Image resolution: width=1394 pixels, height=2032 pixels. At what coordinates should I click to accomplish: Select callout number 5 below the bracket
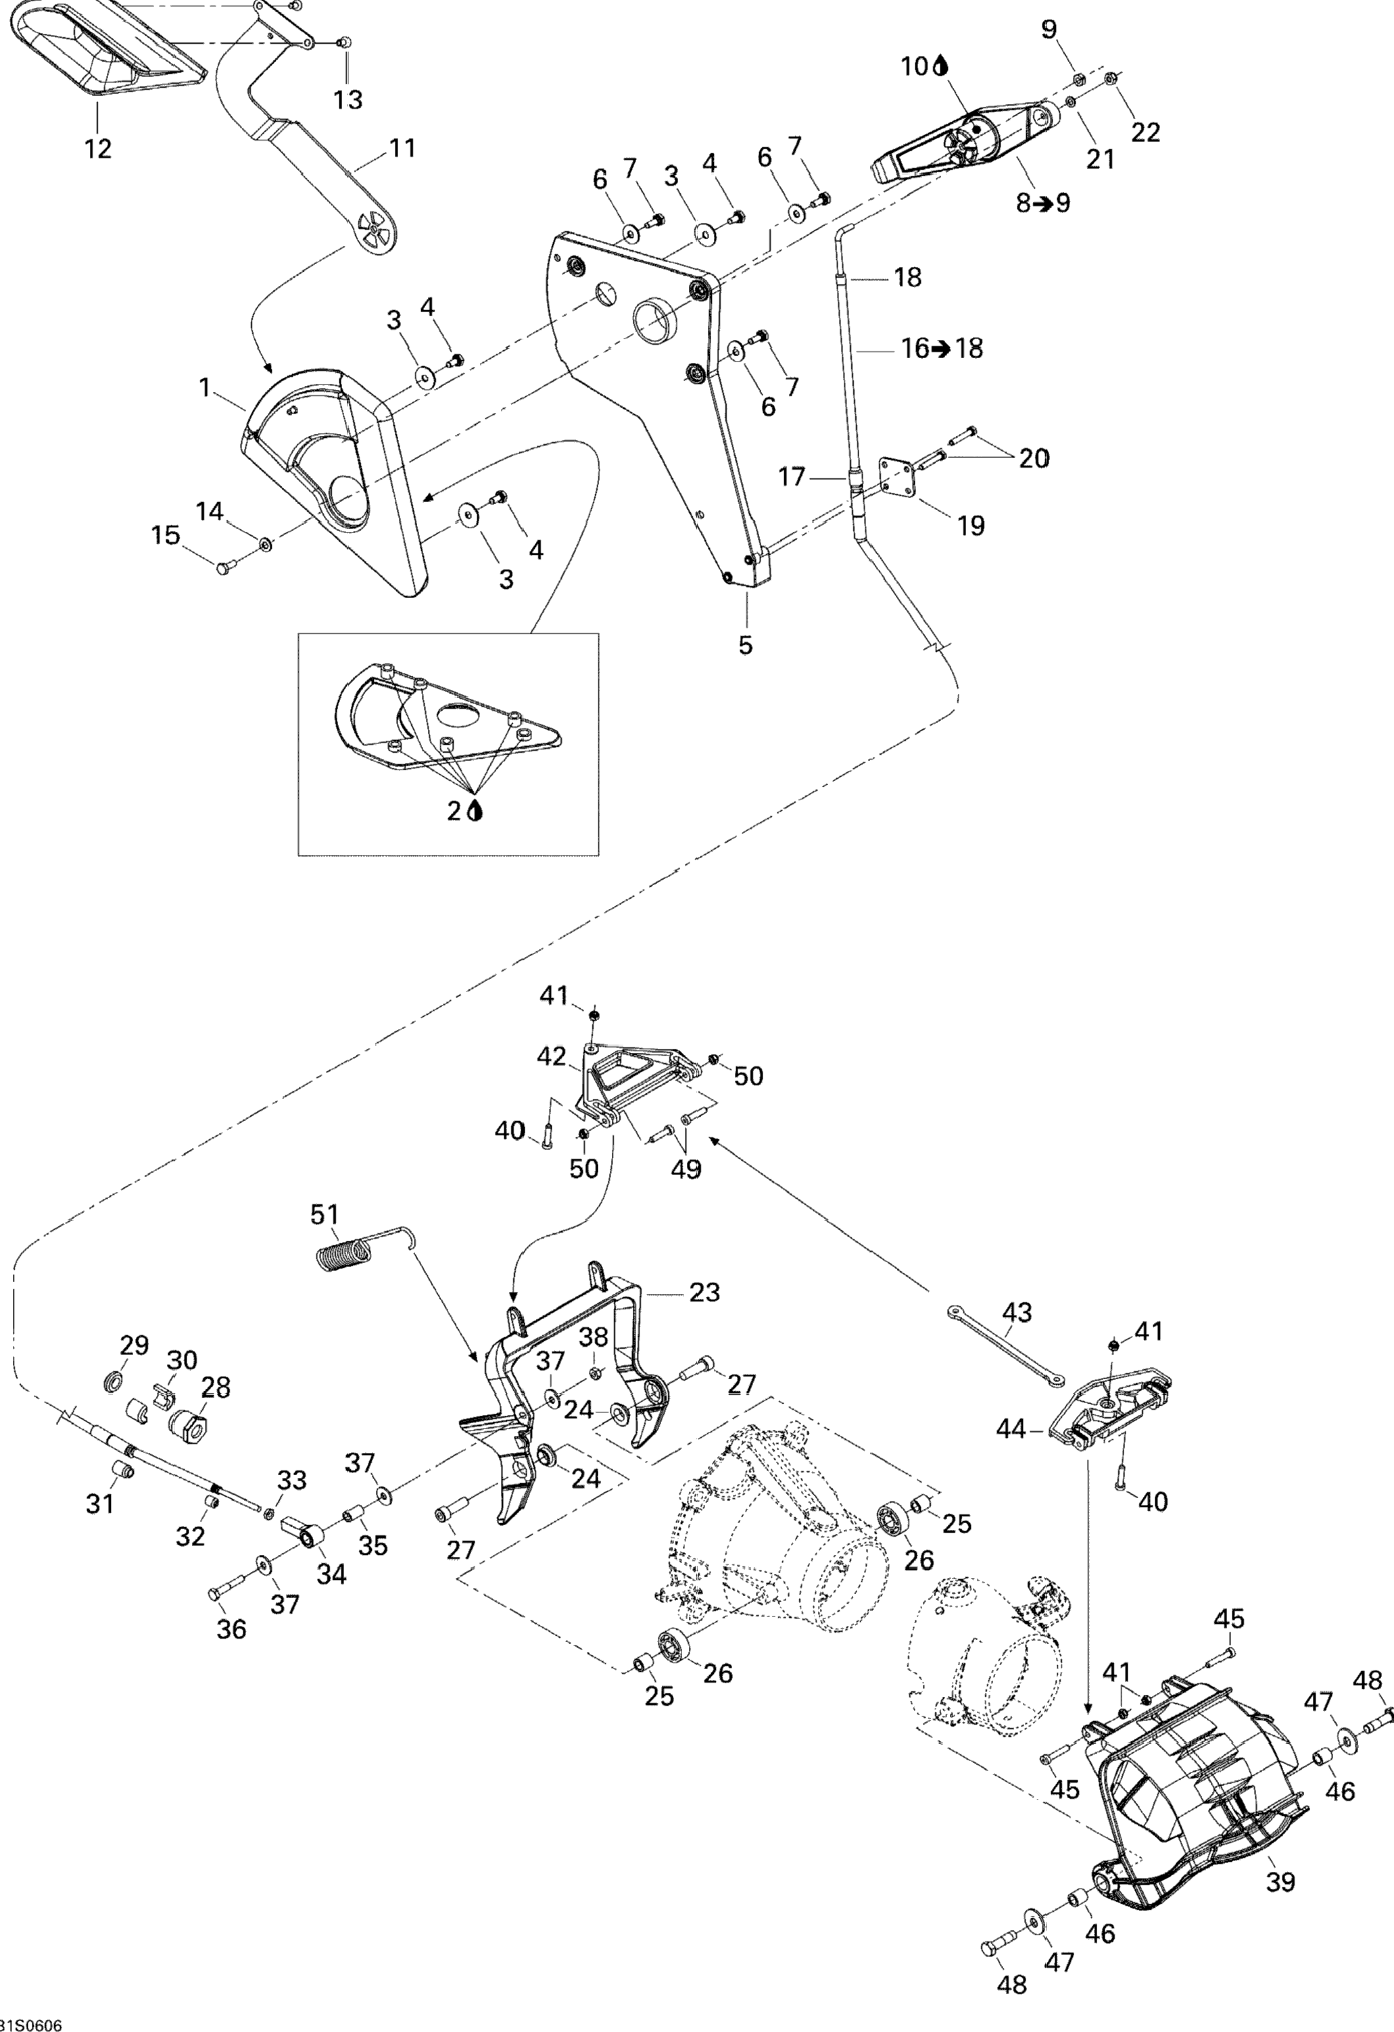745,645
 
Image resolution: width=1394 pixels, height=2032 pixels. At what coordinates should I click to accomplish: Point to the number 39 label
1281,1880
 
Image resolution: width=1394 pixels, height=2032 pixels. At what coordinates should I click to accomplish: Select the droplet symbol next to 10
941,66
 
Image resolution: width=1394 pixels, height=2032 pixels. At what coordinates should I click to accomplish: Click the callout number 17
792,477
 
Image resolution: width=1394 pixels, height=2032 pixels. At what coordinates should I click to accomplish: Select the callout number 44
1013,1429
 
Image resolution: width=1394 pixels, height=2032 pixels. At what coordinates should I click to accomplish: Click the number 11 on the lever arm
402,148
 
